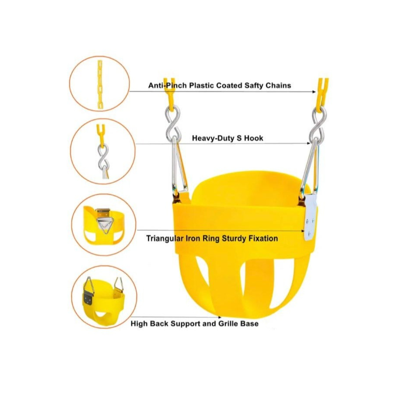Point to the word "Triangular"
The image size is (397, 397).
coord(165,239)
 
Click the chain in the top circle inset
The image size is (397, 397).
coord(100,85)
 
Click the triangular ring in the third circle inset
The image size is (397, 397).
coord(104,225)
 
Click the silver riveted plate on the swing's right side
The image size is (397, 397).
coord(310,217)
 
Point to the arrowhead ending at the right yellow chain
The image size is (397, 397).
coord(314,92)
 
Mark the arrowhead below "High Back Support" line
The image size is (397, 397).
coord(219,317)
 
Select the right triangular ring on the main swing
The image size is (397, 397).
coord(310,167)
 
